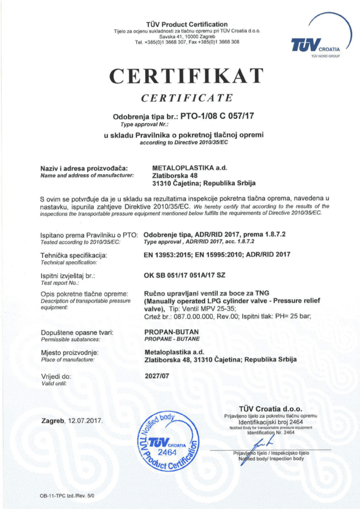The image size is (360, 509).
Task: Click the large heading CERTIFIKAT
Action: pos(186,76)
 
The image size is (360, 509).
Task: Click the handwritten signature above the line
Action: pos(263,441)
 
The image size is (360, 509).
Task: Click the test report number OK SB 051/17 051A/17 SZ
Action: pos(184,274)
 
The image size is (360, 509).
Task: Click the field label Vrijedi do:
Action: pos(56,376)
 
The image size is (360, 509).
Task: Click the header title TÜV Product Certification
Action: pos(187,24)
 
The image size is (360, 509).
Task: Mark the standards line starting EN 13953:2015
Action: pos(217,254)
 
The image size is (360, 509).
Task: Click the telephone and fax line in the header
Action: pos(187,42)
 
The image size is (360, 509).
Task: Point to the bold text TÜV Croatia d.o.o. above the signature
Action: pos(270,409)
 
